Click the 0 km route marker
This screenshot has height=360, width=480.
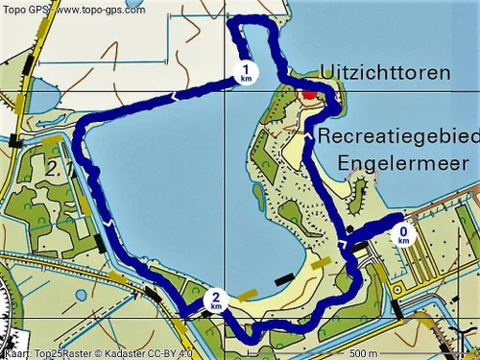coord(404,233)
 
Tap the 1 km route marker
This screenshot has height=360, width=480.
coord(247,71)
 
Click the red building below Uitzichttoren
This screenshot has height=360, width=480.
coord(308,96)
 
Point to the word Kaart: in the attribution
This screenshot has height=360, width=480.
coord(17,352)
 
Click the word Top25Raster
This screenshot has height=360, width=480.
coord(62,352)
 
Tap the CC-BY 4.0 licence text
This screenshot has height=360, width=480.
coord(177,352)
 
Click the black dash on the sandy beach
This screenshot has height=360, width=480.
coord(283,279)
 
